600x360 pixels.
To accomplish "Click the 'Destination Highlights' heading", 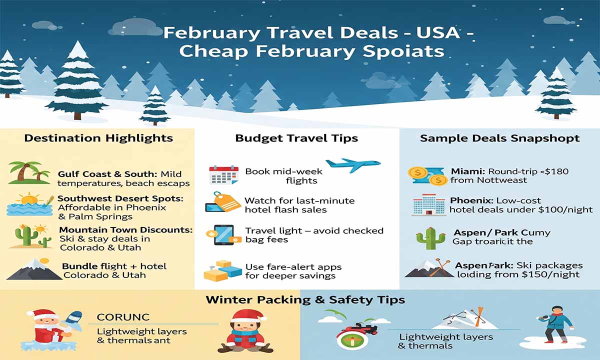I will [98, 138].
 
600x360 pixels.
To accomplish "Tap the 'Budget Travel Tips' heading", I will [296, 138].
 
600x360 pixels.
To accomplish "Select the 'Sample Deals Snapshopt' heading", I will [500, 138].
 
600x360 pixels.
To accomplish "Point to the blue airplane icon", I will [352, 165].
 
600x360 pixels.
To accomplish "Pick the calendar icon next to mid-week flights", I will [223, 175].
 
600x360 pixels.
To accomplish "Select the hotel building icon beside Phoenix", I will [428, 205].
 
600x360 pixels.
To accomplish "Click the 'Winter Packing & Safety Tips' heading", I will [305, 300].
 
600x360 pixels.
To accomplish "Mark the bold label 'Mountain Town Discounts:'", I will [125, 230].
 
